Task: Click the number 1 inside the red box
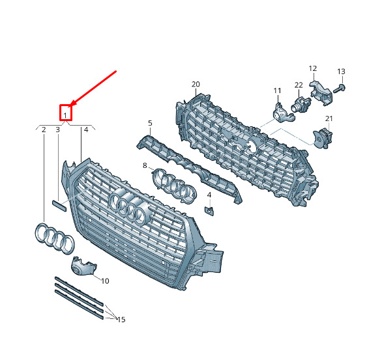pos(65,115)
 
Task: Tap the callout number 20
pos(196,84)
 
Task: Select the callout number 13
pos(341,72)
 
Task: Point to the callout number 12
pos(313,68)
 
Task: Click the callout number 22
pos(299,85)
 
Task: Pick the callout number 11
pos(277,90)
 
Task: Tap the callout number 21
pos(329,118)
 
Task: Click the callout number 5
pos(150,123)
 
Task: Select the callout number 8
pos(145,165)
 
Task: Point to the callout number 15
pos(121,320)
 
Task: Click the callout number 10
pos(105,281)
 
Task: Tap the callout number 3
pos(58,130)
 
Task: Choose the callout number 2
pos(44,130)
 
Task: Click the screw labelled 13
pos(339,89)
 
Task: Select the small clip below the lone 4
pos(209,211)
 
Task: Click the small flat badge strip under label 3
pos(59,206)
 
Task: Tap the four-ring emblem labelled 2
pos(54,238)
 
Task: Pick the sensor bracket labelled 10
pos(83,266)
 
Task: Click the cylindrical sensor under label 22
pos(301,104)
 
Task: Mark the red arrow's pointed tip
pos(70,105)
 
